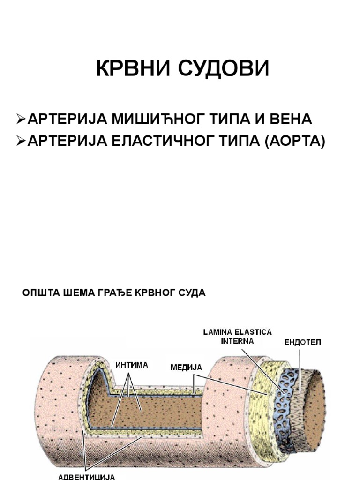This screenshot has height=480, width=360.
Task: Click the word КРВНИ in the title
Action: [x=132, y=69]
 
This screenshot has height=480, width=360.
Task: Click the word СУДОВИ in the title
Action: [x=223, y=69]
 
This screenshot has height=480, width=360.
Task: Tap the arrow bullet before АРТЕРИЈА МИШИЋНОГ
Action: [x=21, y=119]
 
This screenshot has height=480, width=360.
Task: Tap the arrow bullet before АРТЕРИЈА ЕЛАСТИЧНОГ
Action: [x=21, y=141]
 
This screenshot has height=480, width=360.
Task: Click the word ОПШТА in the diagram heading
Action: [x=39, y=293]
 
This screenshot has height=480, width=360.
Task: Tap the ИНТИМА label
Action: [x=132, y=364]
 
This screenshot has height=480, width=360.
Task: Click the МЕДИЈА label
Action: [x=186, y=367]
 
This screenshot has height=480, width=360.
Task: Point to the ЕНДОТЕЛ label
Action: [x=303, y=342]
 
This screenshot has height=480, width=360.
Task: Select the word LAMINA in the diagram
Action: [x=218, y=332]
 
